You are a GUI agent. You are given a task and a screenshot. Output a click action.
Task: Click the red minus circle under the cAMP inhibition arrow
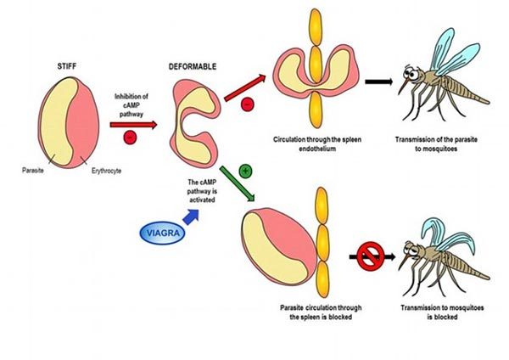pyautogui.click(x=129, y=137)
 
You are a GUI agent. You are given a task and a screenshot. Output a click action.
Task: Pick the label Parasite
pyautogui.click(x=34, y=170)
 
